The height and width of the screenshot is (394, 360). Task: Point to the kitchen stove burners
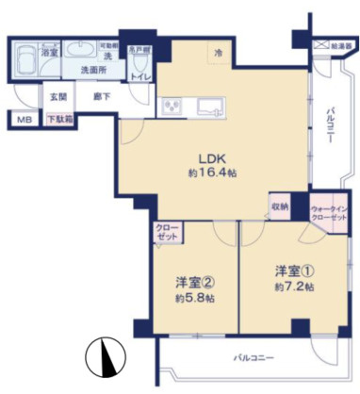click(172, 106)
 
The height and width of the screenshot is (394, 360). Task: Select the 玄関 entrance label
click(57, 95)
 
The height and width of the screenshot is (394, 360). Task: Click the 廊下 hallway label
click(97, 95)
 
